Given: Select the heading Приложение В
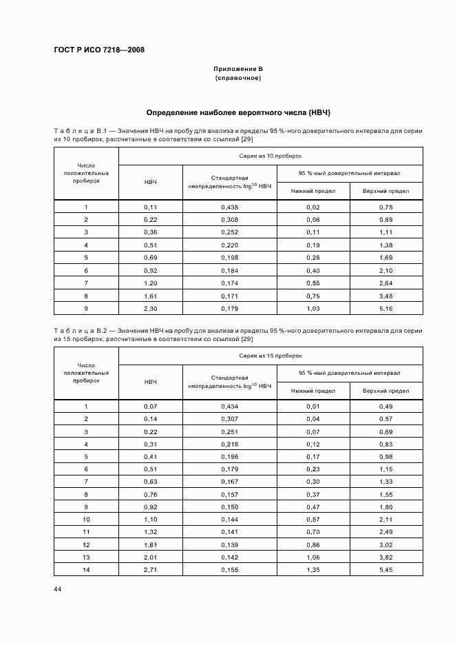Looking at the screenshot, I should pos(238,69).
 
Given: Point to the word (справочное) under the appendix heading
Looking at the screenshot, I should pos(238,78).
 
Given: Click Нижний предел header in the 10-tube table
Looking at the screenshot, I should pos(313,191).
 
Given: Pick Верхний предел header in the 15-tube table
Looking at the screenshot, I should pos(385,391).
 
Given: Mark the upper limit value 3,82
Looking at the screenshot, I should pos(385,556).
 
